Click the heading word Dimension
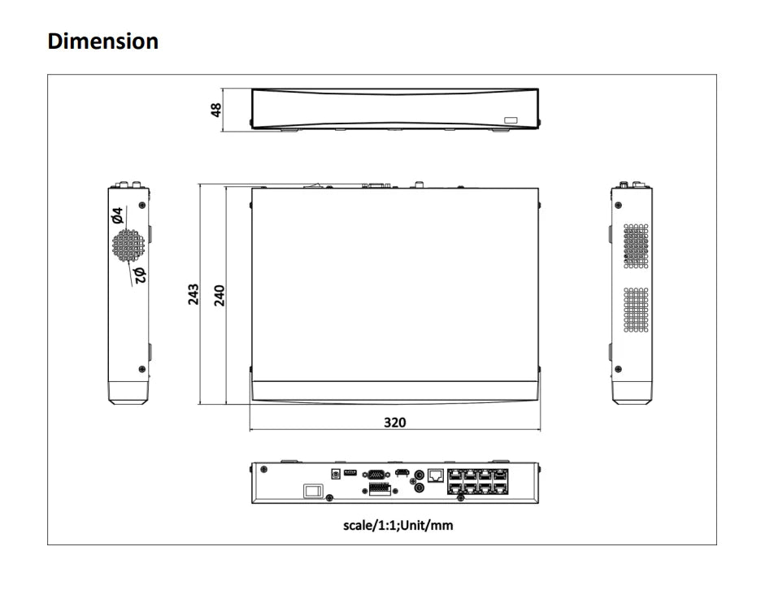click(103, 41)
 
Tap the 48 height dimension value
click(216, 109)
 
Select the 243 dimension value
click(193, 294)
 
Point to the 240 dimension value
click(219, 294)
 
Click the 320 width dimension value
click(394, 422)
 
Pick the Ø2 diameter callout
click(139, 275)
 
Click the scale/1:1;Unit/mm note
click(398, 525)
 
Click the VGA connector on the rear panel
click(376, 473)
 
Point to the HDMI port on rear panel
click(402, 473)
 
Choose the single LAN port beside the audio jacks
click(435, 475)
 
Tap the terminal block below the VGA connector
click(377, 488)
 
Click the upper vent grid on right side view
click(636, 246)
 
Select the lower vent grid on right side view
click(636, 310)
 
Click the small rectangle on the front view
click(510, 120)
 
